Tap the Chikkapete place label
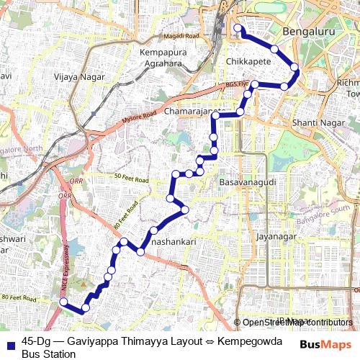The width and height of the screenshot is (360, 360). [x=248, y=63]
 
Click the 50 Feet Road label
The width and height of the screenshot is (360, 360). [x=130, y=178]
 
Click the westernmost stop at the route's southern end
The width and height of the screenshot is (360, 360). [x=63, y=302]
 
